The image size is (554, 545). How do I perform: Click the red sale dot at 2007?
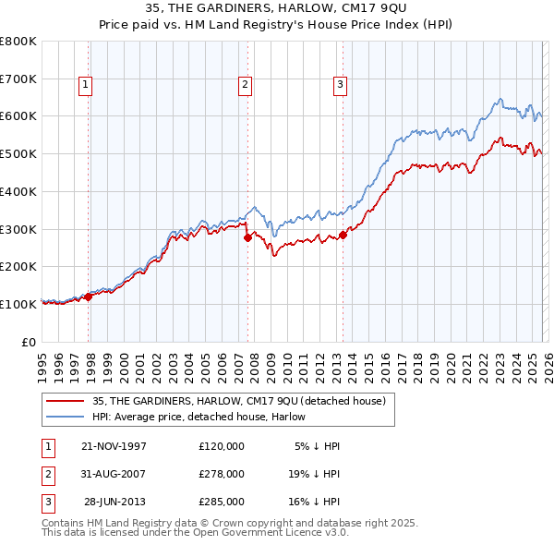247,237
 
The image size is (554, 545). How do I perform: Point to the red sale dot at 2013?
343,235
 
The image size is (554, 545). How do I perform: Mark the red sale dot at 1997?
89,297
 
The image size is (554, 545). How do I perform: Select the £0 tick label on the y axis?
30,342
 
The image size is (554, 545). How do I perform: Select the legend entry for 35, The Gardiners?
243,400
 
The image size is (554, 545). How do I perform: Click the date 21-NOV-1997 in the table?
114,445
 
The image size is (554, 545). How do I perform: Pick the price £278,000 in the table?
221,474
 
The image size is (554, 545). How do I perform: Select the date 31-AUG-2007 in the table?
114,474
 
